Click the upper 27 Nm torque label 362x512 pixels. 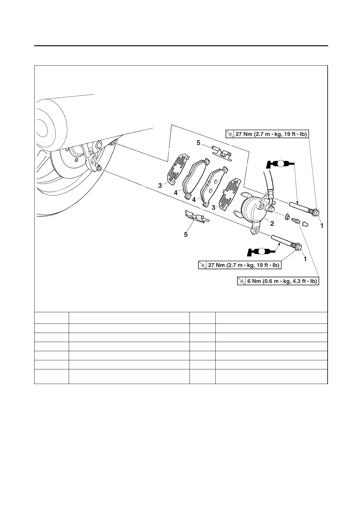[267, 134]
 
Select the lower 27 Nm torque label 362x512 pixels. [239, 265]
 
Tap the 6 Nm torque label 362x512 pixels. [278, 281]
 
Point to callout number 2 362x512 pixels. [272, 223]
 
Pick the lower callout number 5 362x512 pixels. [186, 234]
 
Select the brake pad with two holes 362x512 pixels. [214, 185]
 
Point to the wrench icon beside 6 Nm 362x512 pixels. [241, 281]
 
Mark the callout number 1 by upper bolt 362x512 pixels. [322, 226]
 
